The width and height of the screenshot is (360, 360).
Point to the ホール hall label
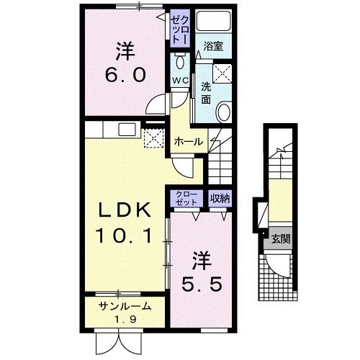(x=189, y=141)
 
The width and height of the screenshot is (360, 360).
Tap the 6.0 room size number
(x=125, y=74)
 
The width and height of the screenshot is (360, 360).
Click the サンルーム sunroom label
(x=125, y=306)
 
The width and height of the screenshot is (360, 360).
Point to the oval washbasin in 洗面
(x=224, y=112)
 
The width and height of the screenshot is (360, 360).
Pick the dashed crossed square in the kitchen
(x=153, y=138)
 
